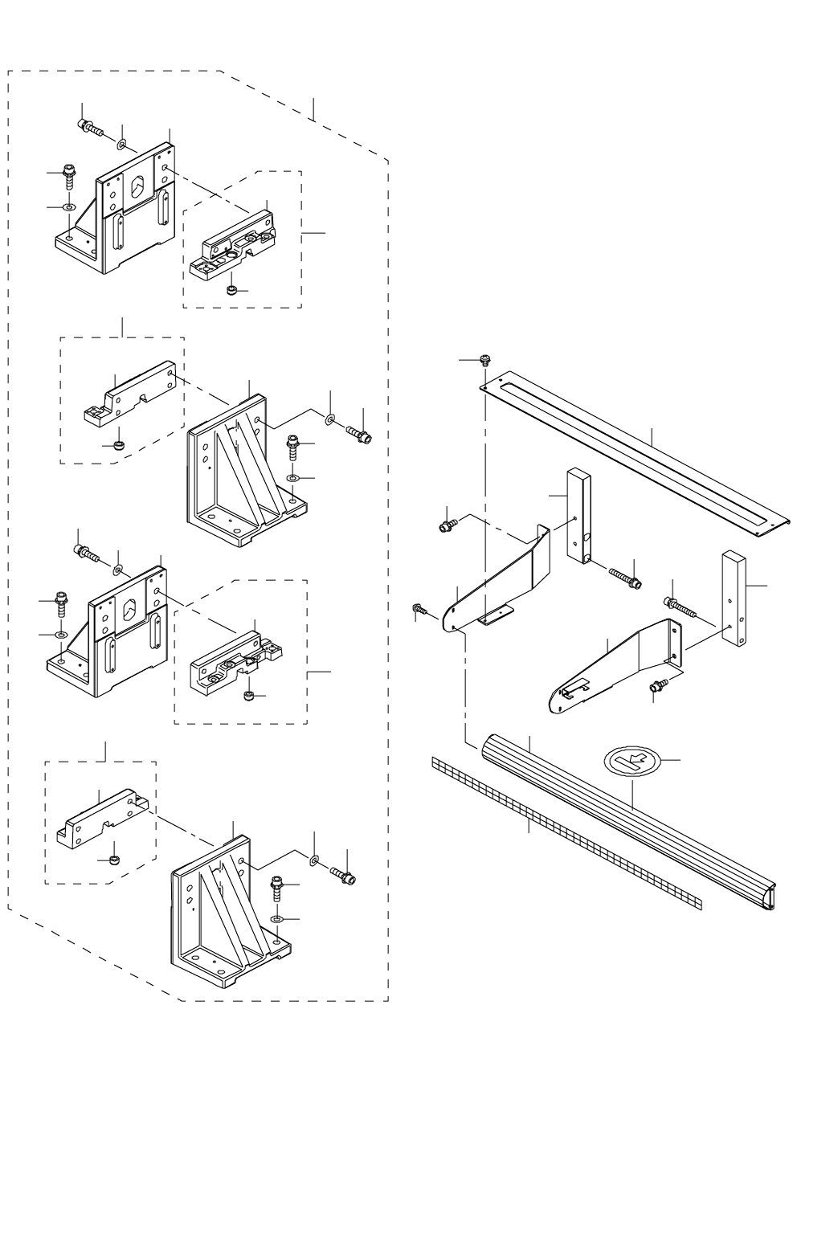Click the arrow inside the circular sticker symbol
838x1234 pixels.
(x=638, y=759)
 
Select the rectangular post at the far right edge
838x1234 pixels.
(x=736, y=599)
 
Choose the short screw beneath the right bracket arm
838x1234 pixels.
(x=658, y=685)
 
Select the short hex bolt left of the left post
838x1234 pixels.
(x=447, y=525)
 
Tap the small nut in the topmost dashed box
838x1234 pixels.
(x=231, y=290)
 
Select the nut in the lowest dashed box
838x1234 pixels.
(x=113, y=860)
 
